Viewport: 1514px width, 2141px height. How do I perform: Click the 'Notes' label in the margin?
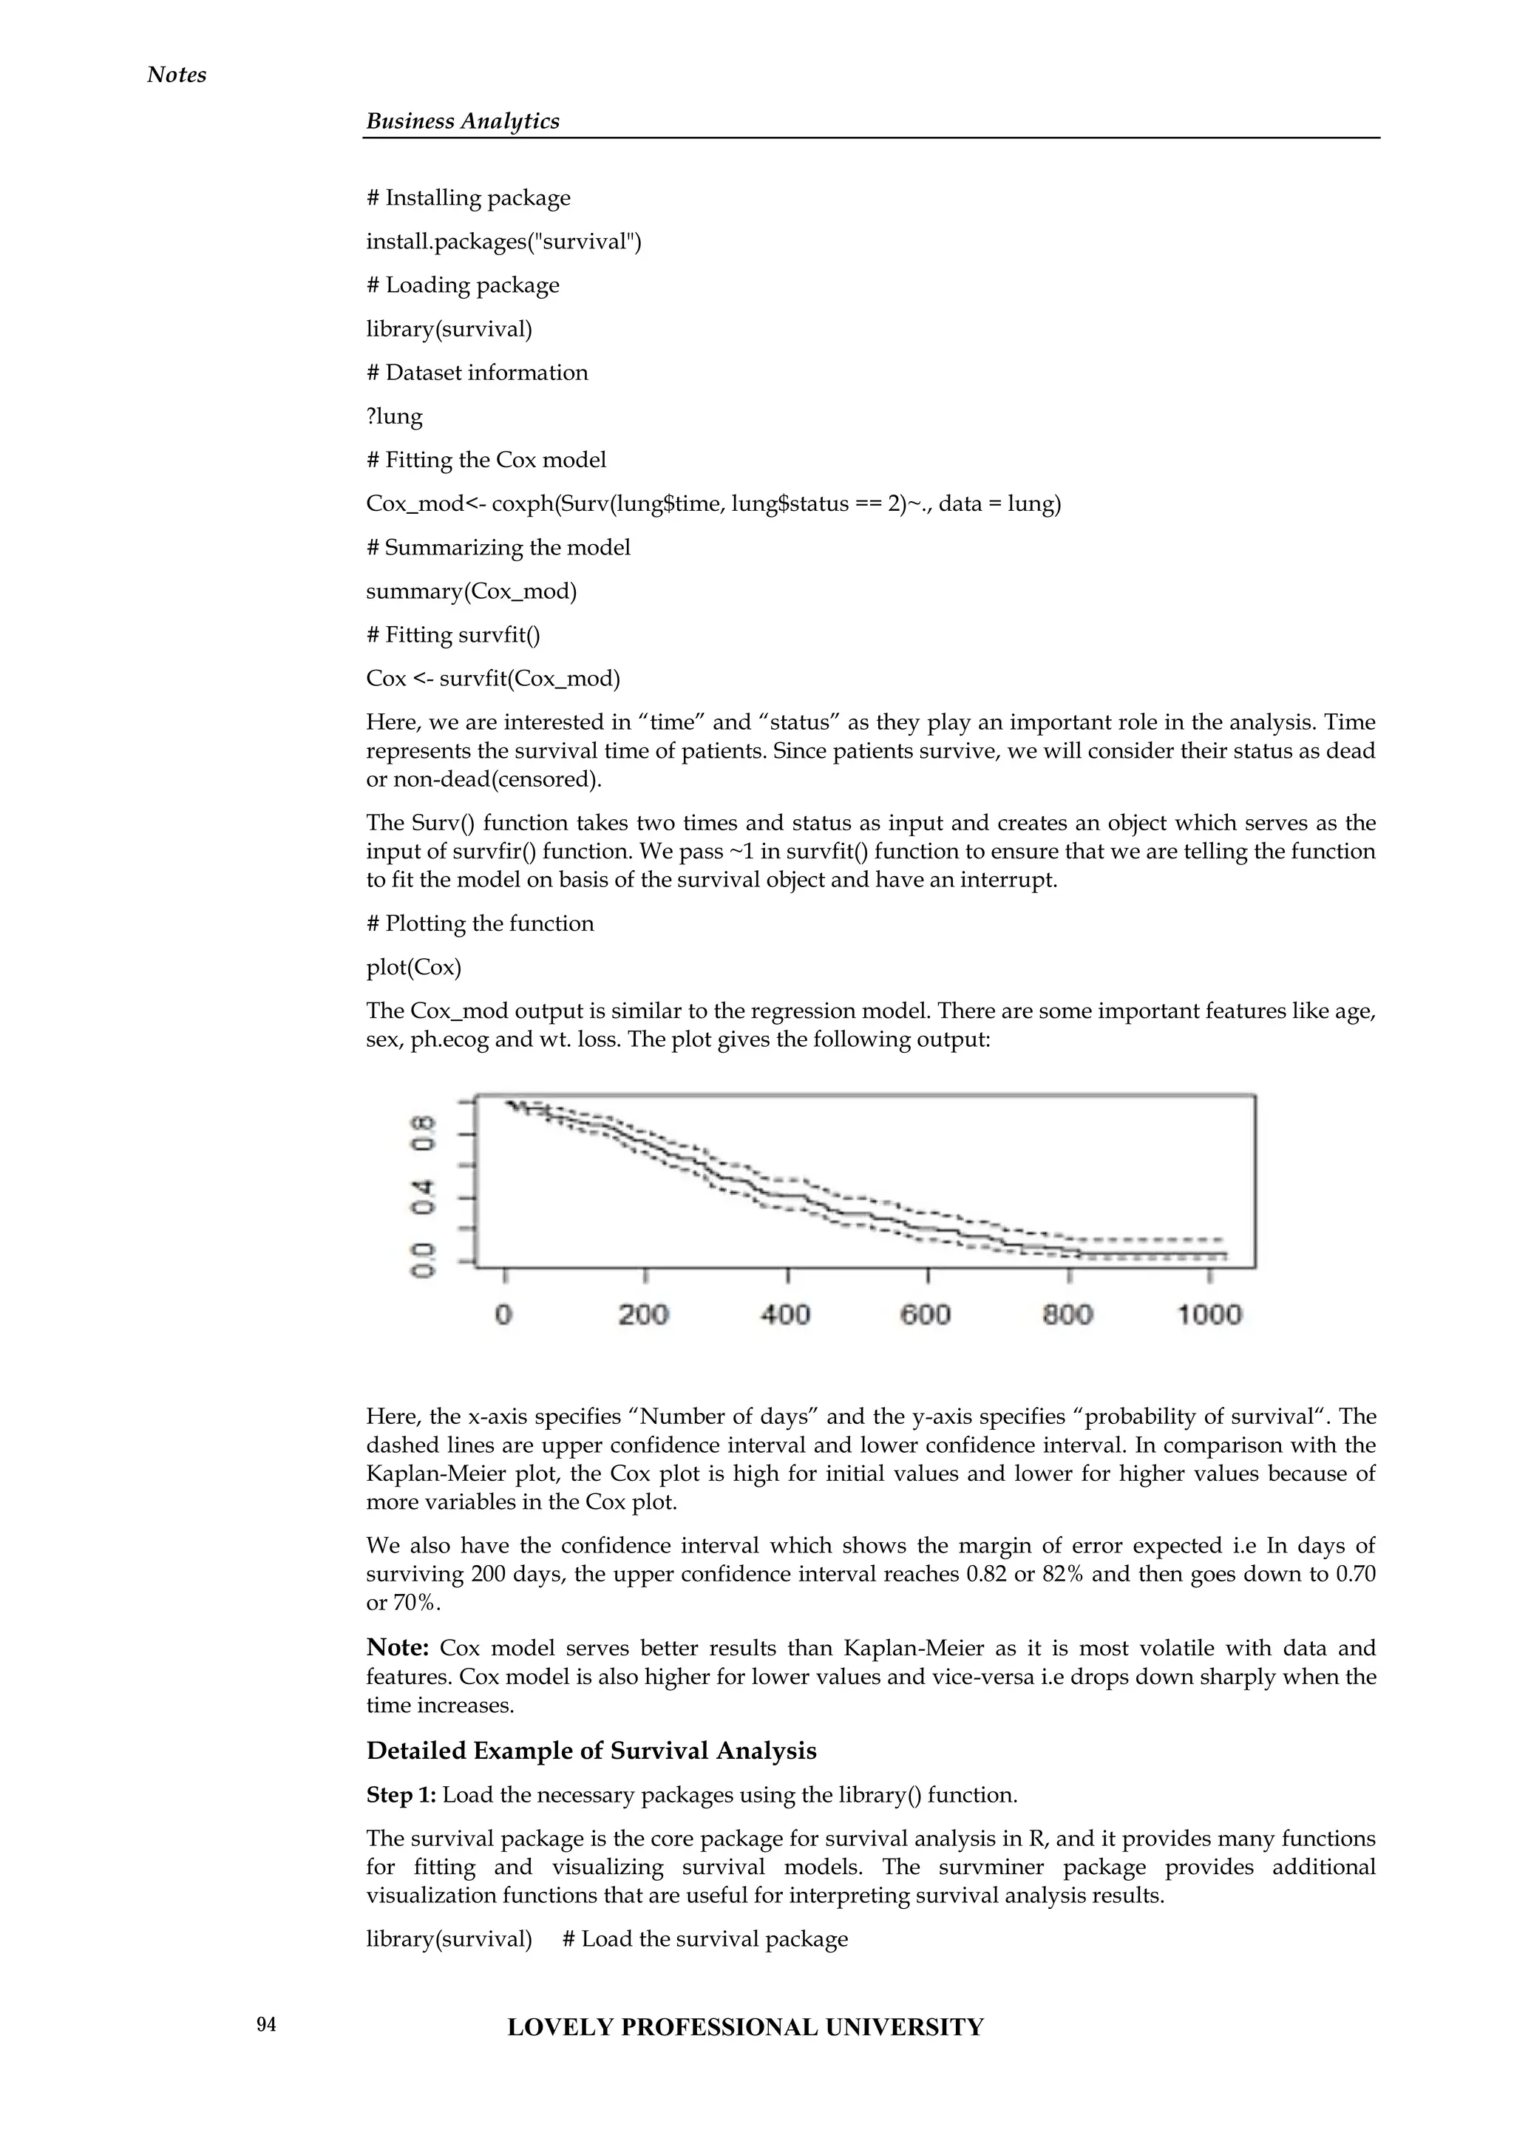[176, 75]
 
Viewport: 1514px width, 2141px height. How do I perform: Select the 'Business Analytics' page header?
[462, 121]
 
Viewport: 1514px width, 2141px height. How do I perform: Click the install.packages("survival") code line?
[503, 242]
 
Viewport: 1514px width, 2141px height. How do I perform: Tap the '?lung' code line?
[394, 416]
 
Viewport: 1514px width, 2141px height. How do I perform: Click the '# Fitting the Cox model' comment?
[486, 460]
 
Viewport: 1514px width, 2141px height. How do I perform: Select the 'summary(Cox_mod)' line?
[471, 591]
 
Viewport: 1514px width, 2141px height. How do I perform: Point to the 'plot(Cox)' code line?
[413, 967]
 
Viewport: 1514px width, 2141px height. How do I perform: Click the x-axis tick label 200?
[643, 1314]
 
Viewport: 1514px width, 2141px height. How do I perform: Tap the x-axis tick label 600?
[926, 1314]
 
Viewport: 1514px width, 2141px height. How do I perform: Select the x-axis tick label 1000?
[1209, 1314]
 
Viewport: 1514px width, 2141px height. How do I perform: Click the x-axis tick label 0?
[503, 1314]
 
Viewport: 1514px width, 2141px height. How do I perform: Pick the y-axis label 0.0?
[425, 1260]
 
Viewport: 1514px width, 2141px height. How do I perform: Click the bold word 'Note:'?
[397, 1648]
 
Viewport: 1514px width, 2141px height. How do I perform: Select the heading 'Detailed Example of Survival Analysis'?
[591, 1751]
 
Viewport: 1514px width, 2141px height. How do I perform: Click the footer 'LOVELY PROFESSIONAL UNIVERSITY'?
[745, 2027]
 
